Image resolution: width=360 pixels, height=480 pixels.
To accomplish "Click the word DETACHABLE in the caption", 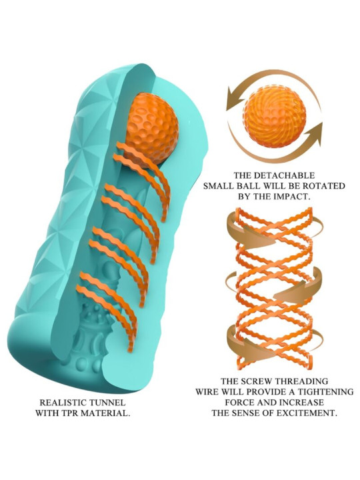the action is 284,175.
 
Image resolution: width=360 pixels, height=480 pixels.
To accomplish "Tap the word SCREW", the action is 257,381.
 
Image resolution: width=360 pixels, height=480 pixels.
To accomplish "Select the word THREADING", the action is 301,381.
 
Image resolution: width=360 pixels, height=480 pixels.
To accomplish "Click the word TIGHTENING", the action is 326,392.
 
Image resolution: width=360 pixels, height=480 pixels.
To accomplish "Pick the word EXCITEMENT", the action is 307,413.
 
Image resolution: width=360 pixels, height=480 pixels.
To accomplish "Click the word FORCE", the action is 240,403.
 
